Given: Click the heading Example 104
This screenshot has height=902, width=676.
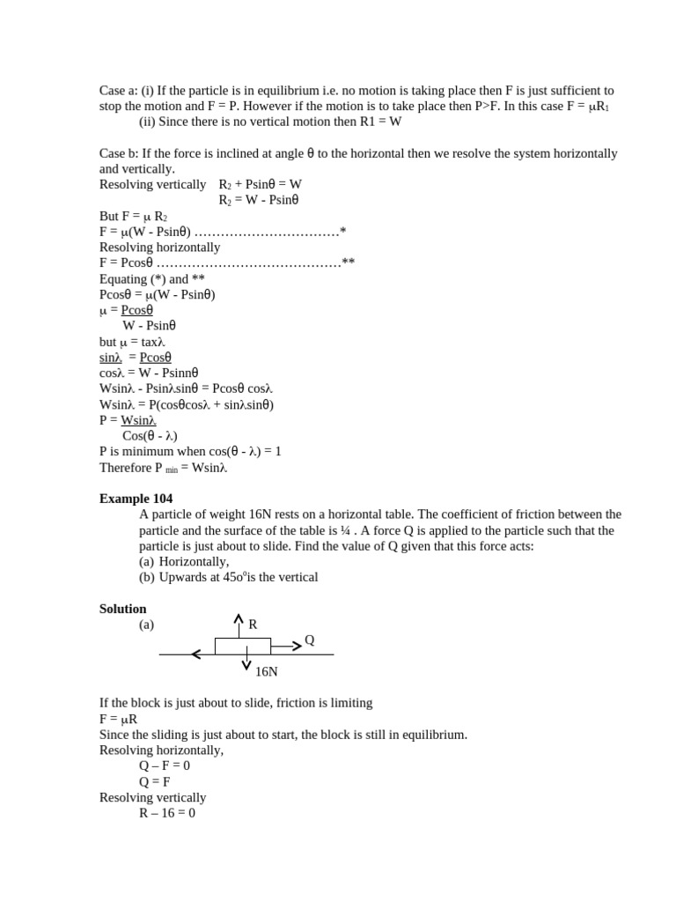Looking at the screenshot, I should [136, 499].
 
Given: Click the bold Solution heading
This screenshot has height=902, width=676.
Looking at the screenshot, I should [123, 609].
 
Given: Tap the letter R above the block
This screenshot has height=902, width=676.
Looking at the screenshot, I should [253, 625].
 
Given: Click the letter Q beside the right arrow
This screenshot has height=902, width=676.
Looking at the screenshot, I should [309, 640].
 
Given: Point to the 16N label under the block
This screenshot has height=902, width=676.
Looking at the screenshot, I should [266, 671].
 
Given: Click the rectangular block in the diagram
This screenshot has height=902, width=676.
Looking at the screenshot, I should [242, 647].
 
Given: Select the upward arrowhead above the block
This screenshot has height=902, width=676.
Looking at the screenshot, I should [239, 618].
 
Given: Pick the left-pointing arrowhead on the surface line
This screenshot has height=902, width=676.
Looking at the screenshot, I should [195, 654].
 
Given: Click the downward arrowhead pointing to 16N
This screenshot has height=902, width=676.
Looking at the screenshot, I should [246, 665].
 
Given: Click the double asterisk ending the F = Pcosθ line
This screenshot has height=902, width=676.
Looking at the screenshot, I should [349, 262].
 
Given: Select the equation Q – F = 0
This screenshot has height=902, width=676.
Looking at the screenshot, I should [165, 765].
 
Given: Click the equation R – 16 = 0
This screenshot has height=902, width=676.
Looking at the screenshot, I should [167, 813].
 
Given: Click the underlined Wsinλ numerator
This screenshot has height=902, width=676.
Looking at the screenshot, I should [138, 420].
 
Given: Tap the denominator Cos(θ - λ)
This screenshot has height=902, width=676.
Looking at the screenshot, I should [150, 436].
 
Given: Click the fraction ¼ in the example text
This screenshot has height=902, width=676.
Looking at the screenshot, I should [345, 530].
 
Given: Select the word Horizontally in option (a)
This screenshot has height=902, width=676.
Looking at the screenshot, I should [194, 561].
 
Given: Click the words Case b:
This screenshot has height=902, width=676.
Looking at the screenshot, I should [119, 153].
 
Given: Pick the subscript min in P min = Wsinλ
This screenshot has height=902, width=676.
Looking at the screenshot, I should [172, 470].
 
